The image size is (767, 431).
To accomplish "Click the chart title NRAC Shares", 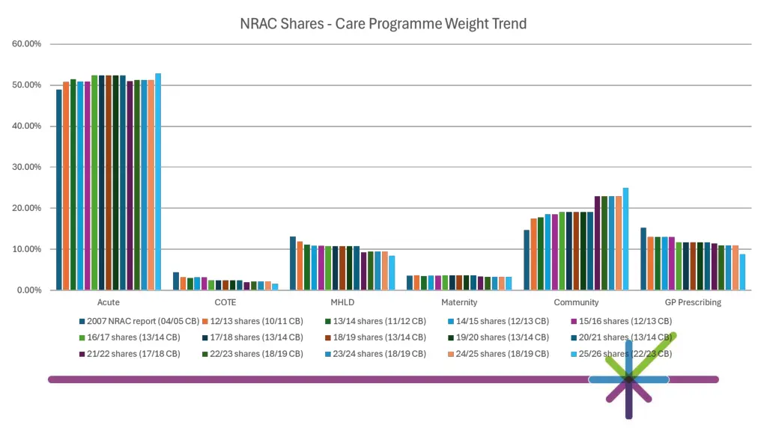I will pos(383,24).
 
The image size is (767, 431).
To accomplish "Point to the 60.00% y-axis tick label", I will pos(27,44).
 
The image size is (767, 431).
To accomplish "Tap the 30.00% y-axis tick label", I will pos(27,167).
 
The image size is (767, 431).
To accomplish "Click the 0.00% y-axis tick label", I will pos(29,290).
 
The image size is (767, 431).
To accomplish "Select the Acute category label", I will pos(109,302).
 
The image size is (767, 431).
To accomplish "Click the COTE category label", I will pos(225,302).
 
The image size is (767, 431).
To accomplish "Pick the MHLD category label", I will pos(342,302).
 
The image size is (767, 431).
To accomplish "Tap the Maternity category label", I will pos(459,302).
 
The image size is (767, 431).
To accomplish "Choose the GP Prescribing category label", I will pos(693,302).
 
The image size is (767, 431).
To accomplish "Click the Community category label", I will pos(576,302).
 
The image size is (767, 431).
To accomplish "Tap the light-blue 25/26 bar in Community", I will pos(625,239).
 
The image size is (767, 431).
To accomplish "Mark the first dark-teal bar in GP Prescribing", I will pos(643,259).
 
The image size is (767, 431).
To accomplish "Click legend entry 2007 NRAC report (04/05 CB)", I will pos(139,322).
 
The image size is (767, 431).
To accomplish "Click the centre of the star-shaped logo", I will pos(628,379).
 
